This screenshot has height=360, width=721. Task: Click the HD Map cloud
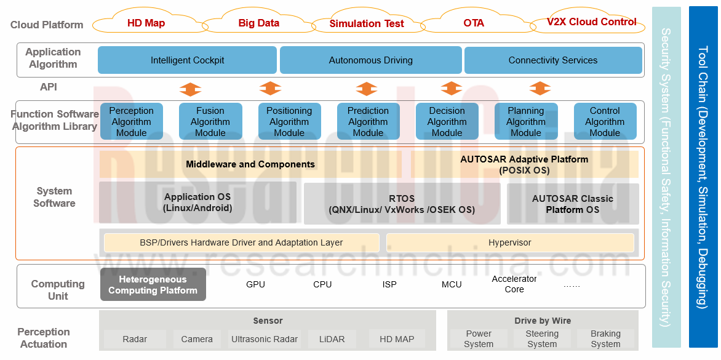(146, 23)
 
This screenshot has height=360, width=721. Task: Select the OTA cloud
(474, 23)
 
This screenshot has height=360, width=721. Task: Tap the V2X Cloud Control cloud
(591, 22)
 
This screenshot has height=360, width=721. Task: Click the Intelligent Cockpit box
(187, 60)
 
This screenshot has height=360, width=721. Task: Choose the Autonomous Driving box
(370, 60)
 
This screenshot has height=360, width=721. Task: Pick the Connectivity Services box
(552, 60)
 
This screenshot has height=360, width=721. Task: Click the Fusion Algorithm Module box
(210, 121)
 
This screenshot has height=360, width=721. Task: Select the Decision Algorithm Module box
(447, 121)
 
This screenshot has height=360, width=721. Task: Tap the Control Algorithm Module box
(605, 121)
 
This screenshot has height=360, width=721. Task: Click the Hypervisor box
(509, 242)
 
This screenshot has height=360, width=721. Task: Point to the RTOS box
(402, 204)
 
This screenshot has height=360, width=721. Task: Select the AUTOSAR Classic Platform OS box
(572, 204)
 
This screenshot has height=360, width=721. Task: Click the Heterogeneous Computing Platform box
(153, 285)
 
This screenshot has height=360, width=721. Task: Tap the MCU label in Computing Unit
(452, 284)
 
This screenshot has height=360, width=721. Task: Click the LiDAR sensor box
(332, 339)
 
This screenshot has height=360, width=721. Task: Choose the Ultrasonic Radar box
(264, 339)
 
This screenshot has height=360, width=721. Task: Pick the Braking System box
(605, 339)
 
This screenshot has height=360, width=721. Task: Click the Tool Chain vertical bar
(703, 177)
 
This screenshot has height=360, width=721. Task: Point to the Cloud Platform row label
(47, 25)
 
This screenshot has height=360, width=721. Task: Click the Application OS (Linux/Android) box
(197, 202)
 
